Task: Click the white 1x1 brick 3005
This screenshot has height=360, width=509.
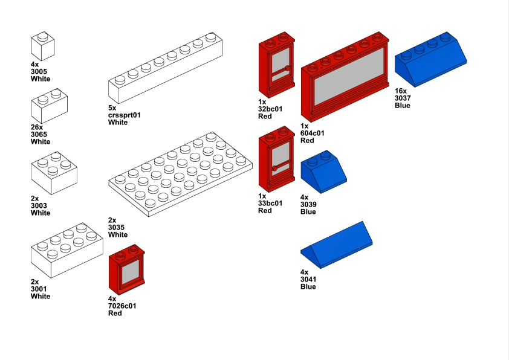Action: (x=42, y=46)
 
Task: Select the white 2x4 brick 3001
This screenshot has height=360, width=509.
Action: (x=67, y=251)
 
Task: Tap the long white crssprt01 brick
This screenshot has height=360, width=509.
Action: (x=165, y=68)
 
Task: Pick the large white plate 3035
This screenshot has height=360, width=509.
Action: (x=181, y=174)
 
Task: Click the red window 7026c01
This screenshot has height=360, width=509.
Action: (x=126, y=270)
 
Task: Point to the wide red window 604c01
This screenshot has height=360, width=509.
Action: (x=345, y=77)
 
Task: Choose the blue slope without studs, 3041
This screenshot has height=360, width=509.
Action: (x=336, y=245)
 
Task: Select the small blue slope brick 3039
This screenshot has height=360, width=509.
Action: (x=323, y=172)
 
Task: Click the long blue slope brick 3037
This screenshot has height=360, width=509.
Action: (x=431, y=59)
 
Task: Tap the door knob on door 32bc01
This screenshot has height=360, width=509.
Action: (x=288, y=68)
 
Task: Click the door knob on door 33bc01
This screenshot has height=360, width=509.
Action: (x=274, y=169)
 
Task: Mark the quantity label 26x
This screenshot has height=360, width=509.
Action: (x=37, y=127)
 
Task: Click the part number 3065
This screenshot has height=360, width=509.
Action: (x=39, y=134)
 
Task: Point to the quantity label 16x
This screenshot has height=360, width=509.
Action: (x=401, y=91)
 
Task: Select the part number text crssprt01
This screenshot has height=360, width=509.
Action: (x=125, y=115)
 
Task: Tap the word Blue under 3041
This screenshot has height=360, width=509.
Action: (x=308, y=287)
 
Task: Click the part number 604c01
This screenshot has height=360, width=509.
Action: (x=313, y=133)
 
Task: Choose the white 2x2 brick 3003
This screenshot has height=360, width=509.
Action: (x=54, y=173)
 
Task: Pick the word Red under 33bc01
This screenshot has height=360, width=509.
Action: (x=265, y=210)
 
